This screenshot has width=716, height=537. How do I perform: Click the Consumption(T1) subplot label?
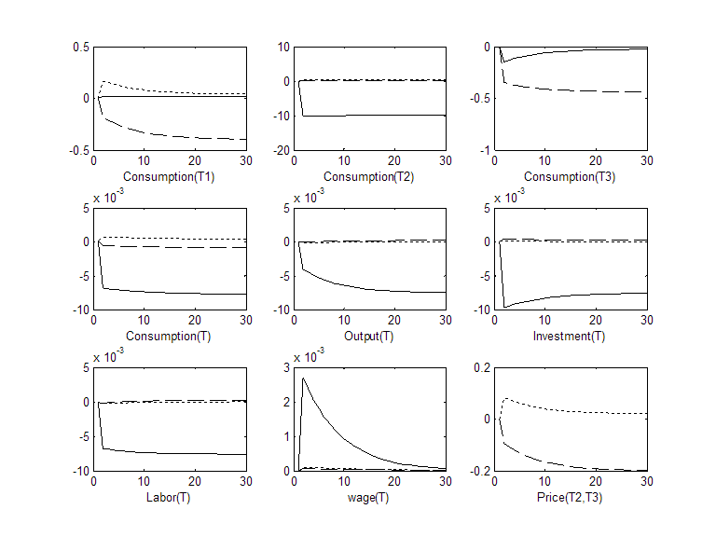(x=170, y=176)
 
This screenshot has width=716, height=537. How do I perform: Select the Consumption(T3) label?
(x=571, y=176)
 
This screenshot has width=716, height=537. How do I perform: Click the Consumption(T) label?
(x=170, y=336)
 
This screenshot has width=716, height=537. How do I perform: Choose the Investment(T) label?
(x=571, y=336)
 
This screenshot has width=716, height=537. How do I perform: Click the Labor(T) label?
(x=170, y=495)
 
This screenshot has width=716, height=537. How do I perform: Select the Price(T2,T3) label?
(x=571, y=495)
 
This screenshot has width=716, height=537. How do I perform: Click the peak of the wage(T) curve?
(x=304, y=378)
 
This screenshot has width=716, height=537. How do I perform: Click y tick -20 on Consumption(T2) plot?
(x=279, y=150)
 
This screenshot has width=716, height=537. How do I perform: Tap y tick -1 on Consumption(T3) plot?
(x=485, y=150)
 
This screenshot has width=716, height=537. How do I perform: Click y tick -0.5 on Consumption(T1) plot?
(x=78, y=150)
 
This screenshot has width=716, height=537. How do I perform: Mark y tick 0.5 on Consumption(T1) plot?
(x=80, y=47)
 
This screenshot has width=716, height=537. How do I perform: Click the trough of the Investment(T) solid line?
(x=505, y=307)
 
